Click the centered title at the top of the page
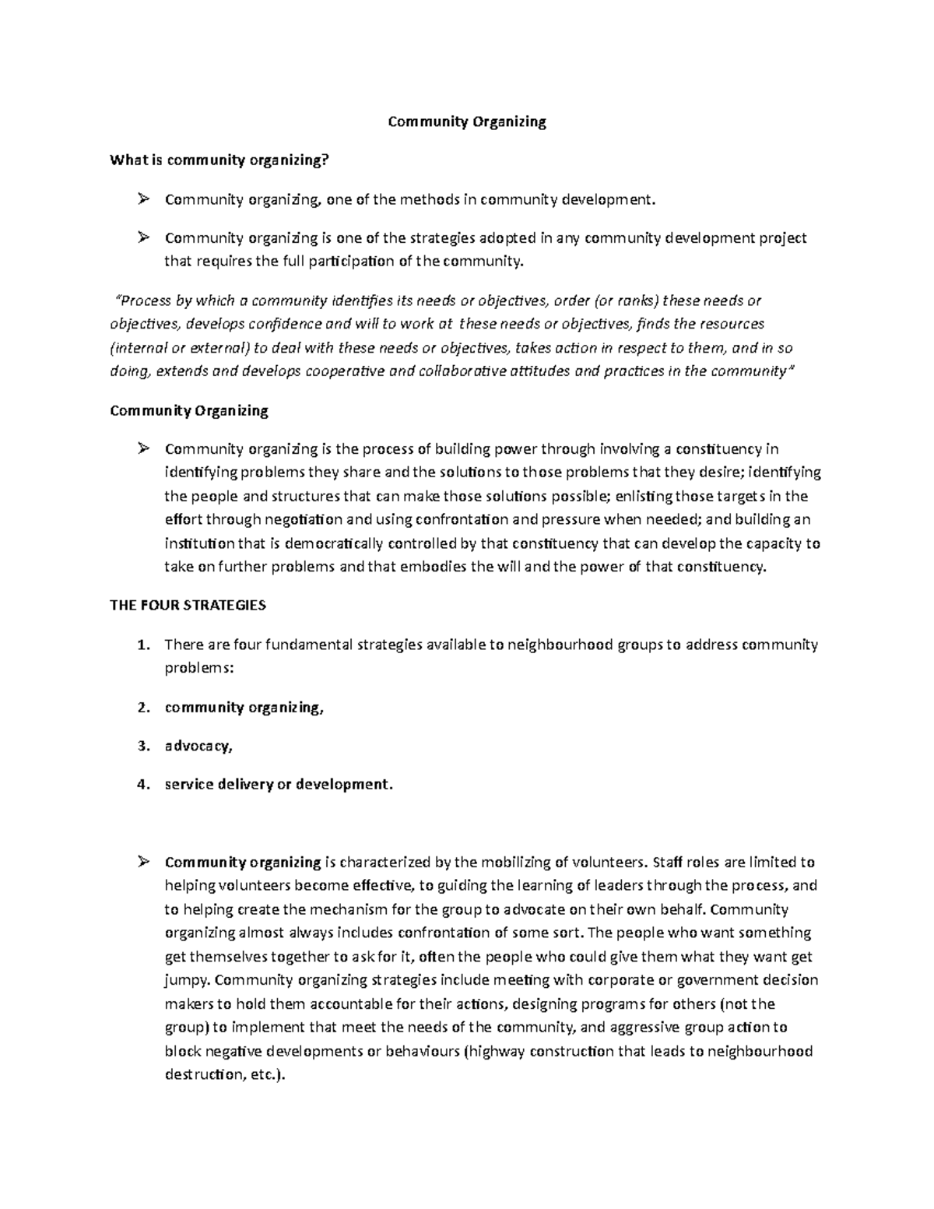pos(467,121)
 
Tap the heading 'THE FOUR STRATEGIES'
pos(188,605)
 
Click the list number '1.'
pos(142,645)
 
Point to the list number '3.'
pos(142,746)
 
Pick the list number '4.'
pos(142,784)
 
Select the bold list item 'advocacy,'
pos(198,746)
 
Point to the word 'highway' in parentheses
pos(495,1052)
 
